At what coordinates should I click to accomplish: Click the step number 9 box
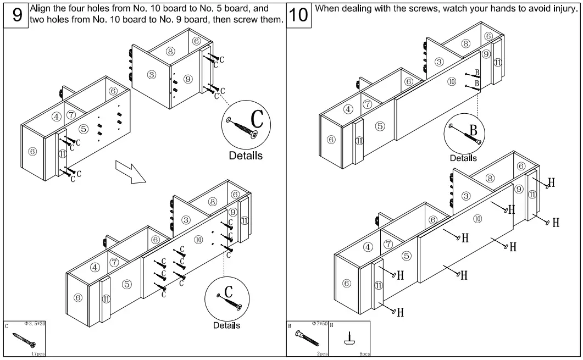pos(17,15)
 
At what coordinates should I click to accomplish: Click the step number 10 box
pos(298,15)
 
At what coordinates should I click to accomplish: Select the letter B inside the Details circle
pos(472,131)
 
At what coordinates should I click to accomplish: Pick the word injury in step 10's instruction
pos(564,9)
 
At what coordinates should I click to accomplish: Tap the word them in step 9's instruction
pos(271,20)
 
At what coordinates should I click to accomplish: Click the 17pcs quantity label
pos(37,355)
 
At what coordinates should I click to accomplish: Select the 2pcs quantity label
pos(322,354)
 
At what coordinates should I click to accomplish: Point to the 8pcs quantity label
pos(364,354)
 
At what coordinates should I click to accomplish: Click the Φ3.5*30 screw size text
pos(35,324)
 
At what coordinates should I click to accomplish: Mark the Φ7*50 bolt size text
pos(319,324)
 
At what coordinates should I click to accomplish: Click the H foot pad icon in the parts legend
pos(349,340)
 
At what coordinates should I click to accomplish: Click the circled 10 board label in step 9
pos(198,240)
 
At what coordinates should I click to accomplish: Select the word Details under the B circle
pos(463,158)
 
